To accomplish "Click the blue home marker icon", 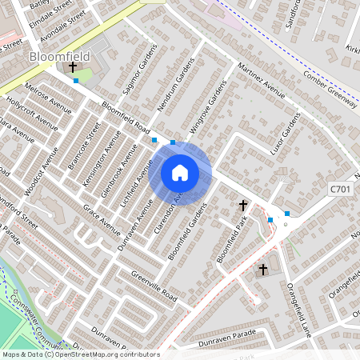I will (x=180, y=173).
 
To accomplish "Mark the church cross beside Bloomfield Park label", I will (x=243, y=206).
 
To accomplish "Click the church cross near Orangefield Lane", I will (x=263, y=270).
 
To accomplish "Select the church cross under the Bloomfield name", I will (x=72, y=69).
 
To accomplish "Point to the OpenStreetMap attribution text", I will (x=80, y=354).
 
